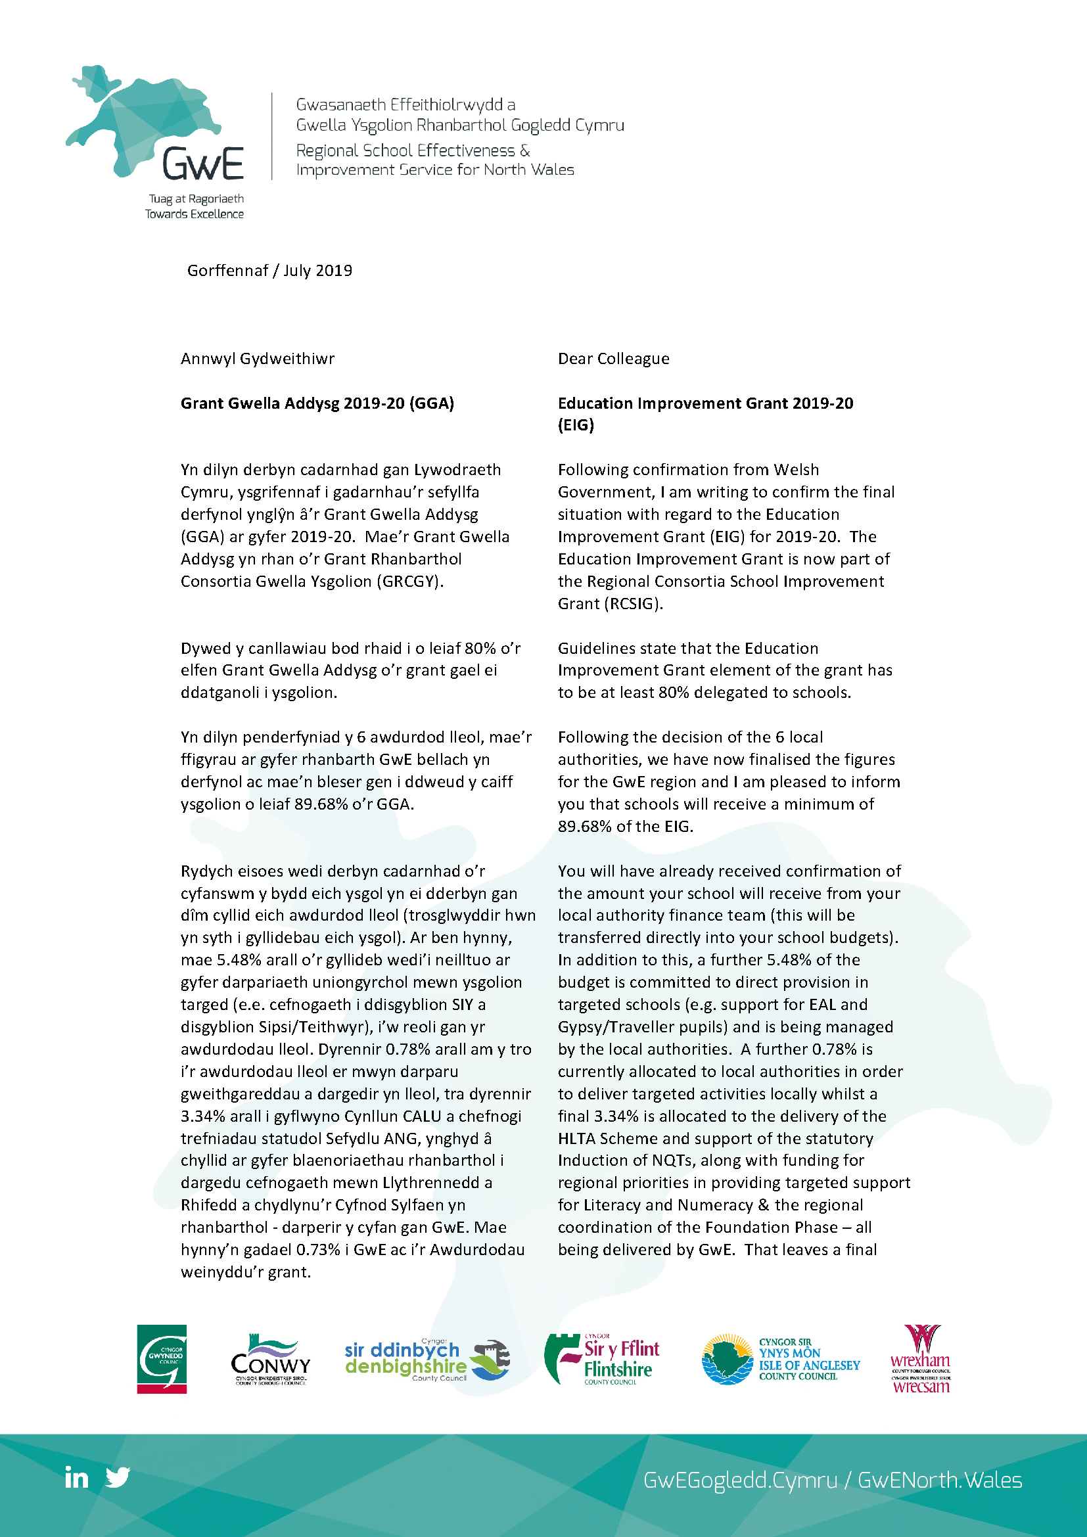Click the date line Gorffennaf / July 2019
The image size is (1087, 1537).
click(x=269, y=271)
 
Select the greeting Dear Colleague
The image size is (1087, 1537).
click(x=613, y=359)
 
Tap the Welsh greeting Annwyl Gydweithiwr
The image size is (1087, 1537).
click(x=257, y=359)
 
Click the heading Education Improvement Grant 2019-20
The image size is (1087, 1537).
click(x=705, y=403)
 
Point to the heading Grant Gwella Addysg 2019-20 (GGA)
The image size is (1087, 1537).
click(x=317, y=403)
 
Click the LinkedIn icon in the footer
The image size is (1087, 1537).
click(x=76, y=1477)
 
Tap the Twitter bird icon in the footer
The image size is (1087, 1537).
click(x=118, y=1477)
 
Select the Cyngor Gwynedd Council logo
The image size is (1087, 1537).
click(x=162, y=1359)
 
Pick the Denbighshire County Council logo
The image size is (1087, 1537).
click(x=427, y=1360)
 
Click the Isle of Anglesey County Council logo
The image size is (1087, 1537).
click(x=781, y=1359)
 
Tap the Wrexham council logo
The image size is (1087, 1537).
click(x=920, y=1359)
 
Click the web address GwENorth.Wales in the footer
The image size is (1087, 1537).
click(x=940, y=1480)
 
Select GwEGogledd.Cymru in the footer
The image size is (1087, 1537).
click(x=739, y=1480)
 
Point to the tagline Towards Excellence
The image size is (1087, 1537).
click(x=194, y=214)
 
